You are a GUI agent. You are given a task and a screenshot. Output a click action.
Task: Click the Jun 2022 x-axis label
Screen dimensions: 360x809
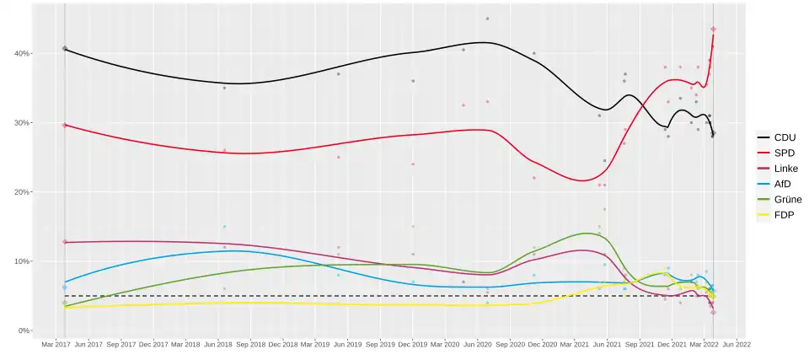pos(737,344)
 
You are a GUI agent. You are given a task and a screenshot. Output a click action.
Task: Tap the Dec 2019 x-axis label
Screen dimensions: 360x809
pos(413,344)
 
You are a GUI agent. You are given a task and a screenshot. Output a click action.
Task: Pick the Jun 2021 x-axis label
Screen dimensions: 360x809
pos(608,344)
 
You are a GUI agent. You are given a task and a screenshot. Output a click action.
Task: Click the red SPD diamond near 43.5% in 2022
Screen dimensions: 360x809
pos(713,30)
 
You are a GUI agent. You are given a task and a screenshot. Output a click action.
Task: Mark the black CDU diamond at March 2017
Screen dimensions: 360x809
pos(65,49)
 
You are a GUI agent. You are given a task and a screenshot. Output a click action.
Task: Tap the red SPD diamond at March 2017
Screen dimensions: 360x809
pos(65,125)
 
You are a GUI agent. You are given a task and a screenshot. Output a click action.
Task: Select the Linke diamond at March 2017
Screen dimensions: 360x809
pos(65,242)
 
